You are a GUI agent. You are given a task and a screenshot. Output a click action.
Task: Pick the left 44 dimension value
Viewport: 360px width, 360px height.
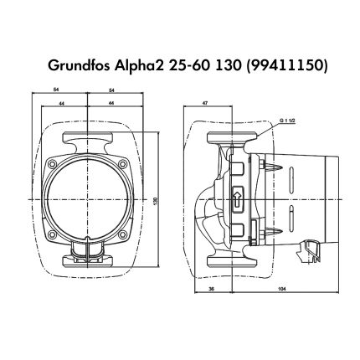click(x=62, y=103)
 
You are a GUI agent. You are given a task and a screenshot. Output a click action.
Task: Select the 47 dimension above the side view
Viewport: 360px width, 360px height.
click(x=205, y=103)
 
